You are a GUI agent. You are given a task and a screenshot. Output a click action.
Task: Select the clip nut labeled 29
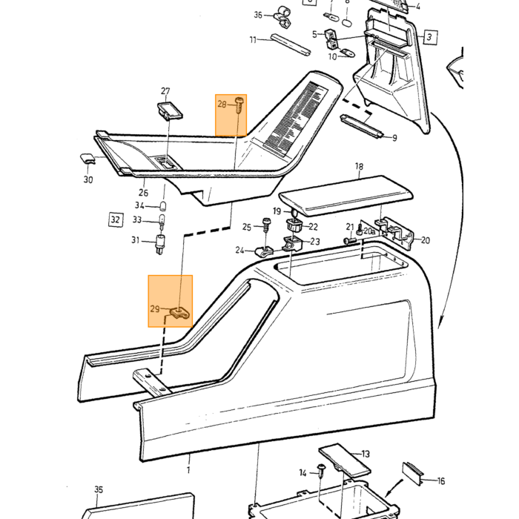[180, 313]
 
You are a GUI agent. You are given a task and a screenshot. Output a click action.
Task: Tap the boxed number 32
[116, 219]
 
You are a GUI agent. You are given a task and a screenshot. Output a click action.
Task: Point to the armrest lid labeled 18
[346, 196]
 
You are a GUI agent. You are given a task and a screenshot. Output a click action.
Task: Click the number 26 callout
[143, 193]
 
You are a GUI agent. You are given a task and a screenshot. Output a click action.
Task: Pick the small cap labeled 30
[87, 159]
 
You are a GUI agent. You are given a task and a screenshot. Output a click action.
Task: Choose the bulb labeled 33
[162, 221]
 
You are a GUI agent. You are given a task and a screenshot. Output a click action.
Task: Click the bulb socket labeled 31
[160, 244]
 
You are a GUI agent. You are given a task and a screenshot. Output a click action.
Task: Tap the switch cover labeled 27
[170, 110]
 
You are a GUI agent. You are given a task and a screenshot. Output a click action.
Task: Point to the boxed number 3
[429, 37]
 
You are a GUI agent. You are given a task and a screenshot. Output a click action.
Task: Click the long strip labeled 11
[291, 44]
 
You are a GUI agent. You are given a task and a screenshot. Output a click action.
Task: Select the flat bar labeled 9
[362, 126]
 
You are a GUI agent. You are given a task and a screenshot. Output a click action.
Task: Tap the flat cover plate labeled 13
[344, 458]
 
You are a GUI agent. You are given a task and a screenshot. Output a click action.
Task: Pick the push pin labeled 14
[321, 470]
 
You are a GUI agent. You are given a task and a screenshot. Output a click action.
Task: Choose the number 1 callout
[188, 469]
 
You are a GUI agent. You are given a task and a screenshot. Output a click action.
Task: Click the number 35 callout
[99, 489]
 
